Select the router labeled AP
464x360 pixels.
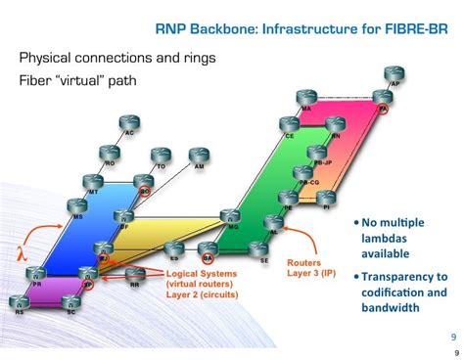point(394,73)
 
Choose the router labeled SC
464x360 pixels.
point(70,304)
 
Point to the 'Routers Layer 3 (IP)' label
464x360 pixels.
point(305,268)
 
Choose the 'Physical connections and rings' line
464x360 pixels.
point(117,58)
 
